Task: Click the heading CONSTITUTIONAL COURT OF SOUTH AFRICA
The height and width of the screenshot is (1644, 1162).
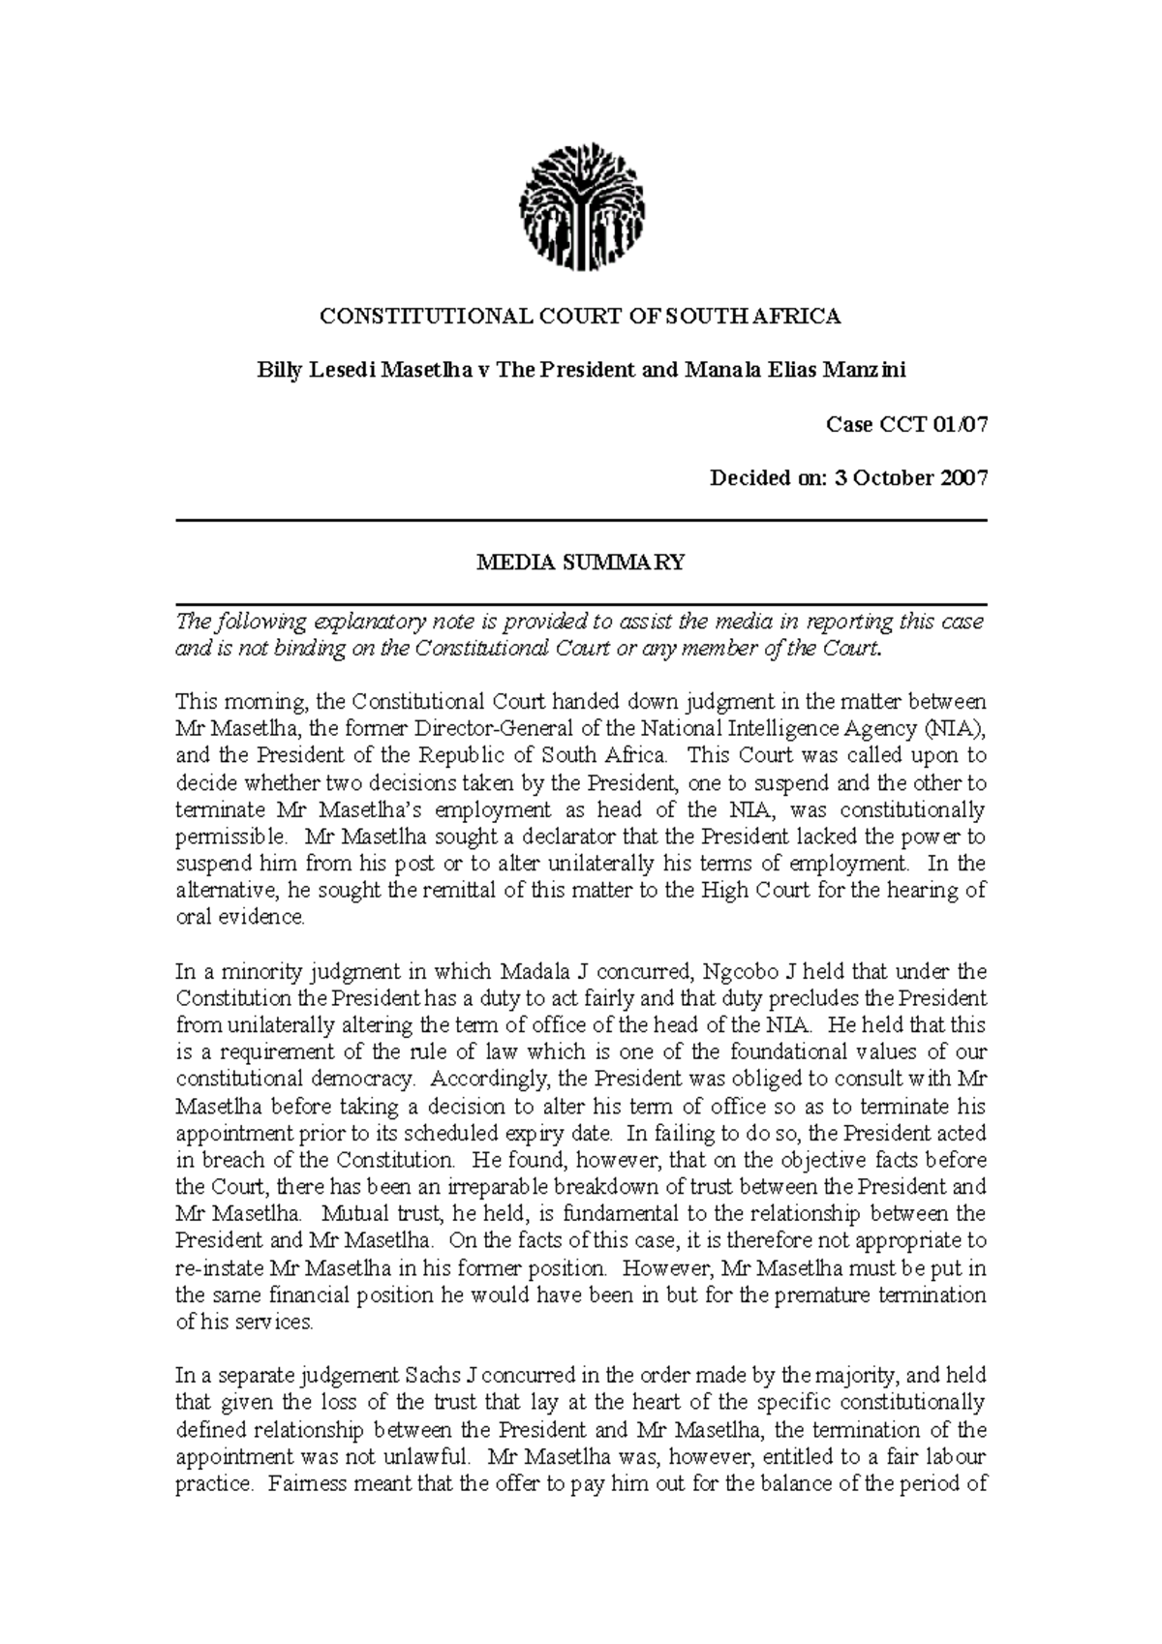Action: coord(581,316)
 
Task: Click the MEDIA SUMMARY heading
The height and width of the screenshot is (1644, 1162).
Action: coord(581,563)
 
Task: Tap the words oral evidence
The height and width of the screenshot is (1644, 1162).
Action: coord(239,917)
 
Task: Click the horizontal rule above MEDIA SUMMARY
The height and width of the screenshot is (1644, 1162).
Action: coord(581,521)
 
